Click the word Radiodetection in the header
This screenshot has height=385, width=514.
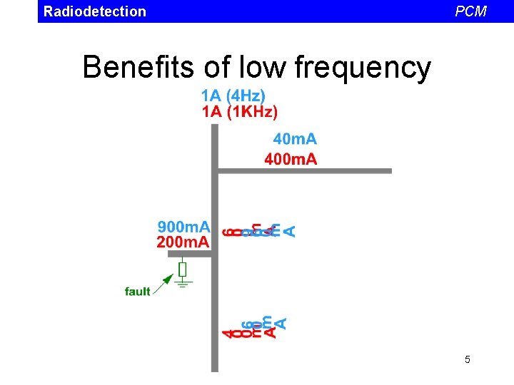(94, 11)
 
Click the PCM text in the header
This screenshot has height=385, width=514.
(471, 11)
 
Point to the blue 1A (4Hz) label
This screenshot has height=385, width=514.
(233, 96)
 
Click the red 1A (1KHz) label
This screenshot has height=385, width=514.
(239, 111)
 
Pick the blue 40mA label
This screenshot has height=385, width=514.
(295, 139)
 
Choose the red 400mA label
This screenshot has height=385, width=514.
(291, 159)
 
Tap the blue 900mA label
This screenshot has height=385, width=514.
(183, 227)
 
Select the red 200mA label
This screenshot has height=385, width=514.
(183, 242)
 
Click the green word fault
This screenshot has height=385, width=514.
(137, 291)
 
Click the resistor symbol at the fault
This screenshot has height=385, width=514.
(183, 269)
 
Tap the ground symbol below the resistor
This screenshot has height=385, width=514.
(183, 284)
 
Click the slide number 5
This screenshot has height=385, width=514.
(468, 359)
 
